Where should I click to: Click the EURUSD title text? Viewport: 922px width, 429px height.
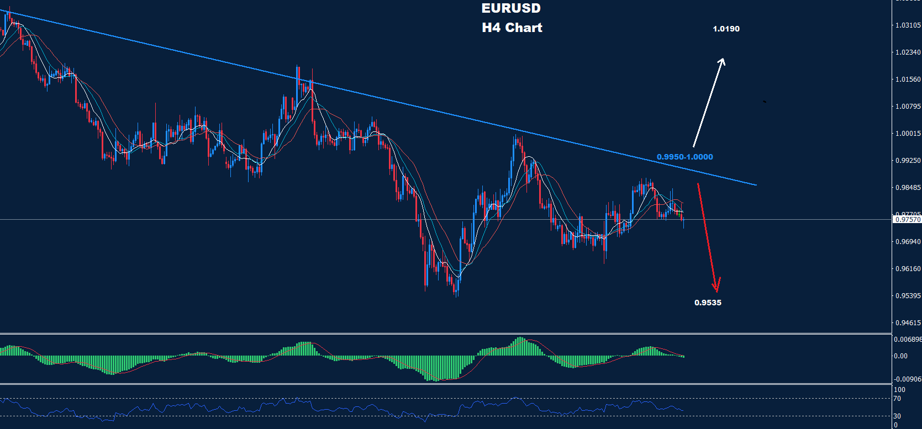tap(511, 8)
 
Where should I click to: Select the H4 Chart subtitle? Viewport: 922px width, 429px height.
tap(512, 28)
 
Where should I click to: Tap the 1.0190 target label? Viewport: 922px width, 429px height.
tap(726, 29)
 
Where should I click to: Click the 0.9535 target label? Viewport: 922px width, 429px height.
tap(708, 303)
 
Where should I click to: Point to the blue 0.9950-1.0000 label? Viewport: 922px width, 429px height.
tap(684, 157)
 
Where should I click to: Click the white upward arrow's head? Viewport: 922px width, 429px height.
tap(722, 60)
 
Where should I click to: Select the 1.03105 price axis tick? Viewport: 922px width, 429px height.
tap(908, 25)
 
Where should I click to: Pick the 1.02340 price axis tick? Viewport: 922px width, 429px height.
tap(908, 52)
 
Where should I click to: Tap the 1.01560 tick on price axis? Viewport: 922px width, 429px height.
tap(908, 80)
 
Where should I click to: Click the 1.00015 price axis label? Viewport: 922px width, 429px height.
tap(908, 134)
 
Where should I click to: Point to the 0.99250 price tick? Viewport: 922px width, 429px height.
tap(908, 161)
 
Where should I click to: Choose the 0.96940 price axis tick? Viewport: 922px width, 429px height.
tap(908, 242)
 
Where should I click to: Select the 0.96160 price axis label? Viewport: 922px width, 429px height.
tap(908, 269)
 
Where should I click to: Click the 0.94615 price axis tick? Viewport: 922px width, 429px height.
tap(908, 323)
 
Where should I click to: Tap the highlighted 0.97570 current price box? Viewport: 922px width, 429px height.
tap(908, 220)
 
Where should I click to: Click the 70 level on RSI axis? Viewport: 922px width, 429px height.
tap(897, 399)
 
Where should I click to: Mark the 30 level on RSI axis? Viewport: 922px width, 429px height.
tap(897, 416)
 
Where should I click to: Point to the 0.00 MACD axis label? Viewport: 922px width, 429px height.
tap(900, 356)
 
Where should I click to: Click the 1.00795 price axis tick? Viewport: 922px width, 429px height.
tap(908, 107)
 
